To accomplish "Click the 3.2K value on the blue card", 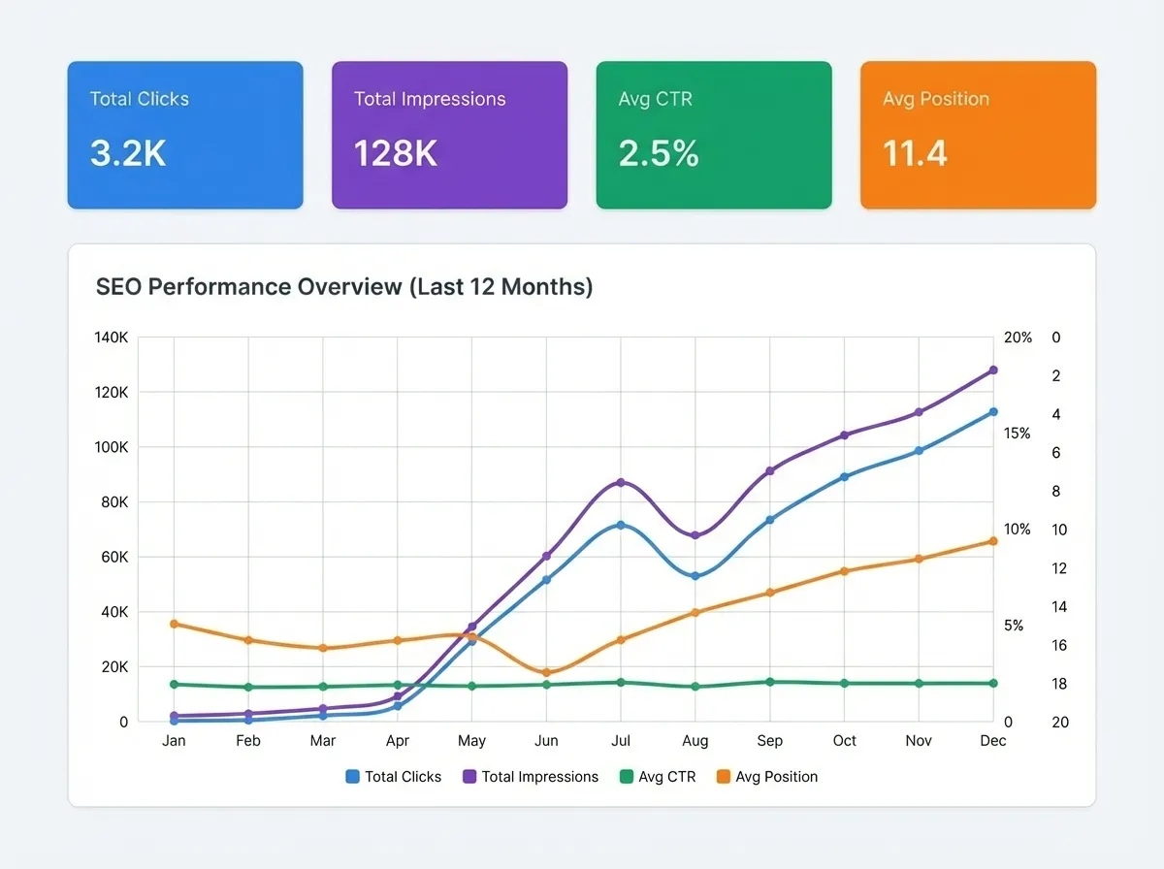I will [128, 153].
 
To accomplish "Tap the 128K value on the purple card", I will [395, 153].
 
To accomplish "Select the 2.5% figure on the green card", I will [659, 153].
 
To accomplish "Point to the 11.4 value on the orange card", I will [915, 153].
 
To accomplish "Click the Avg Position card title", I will [935, 99].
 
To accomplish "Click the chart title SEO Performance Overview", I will [344, 287].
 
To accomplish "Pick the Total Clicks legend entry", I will [394, 777].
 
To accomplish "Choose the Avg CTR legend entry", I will [658, 777].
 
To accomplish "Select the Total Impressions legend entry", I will [531, 777].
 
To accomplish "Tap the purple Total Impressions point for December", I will [993, 370].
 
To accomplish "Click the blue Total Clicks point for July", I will [621, 525].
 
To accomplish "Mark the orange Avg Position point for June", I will [546, 672].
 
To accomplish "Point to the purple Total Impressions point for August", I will [695, 535].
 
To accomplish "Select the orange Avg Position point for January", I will [175, 624].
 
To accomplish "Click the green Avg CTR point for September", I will [770, 682].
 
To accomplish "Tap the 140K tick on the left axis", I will [111, 338].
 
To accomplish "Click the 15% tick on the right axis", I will [1018, 434].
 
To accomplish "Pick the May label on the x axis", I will [471, 741].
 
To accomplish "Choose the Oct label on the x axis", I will [844, 741].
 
